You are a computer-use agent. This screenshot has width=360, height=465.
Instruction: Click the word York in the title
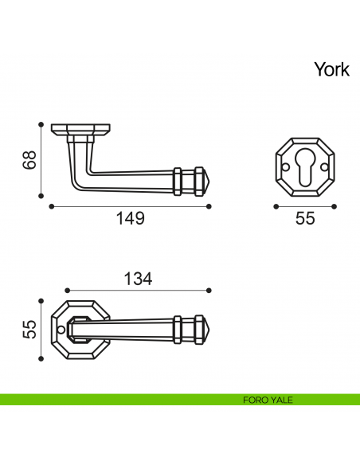(x=331, y=69)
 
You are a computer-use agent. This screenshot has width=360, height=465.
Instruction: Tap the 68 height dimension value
(x=29, y=161)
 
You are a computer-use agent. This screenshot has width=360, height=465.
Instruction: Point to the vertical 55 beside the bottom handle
(x=29, y=328)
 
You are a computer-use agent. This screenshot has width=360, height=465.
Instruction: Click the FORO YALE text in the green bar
(x=268, y=400)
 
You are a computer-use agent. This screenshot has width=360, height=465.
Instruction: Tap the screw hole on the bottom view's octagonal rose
(x=61, y=327)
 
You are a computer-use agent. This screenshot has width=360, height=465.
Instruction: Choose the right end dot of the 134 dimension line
(x=209, y=291)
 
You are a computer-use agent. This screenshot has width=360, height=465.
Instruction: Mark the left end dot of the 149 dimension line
(x=51, y=205)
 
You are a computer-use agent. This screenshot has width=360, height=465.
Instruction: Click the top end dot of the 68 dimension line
(x=41, y=124)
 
